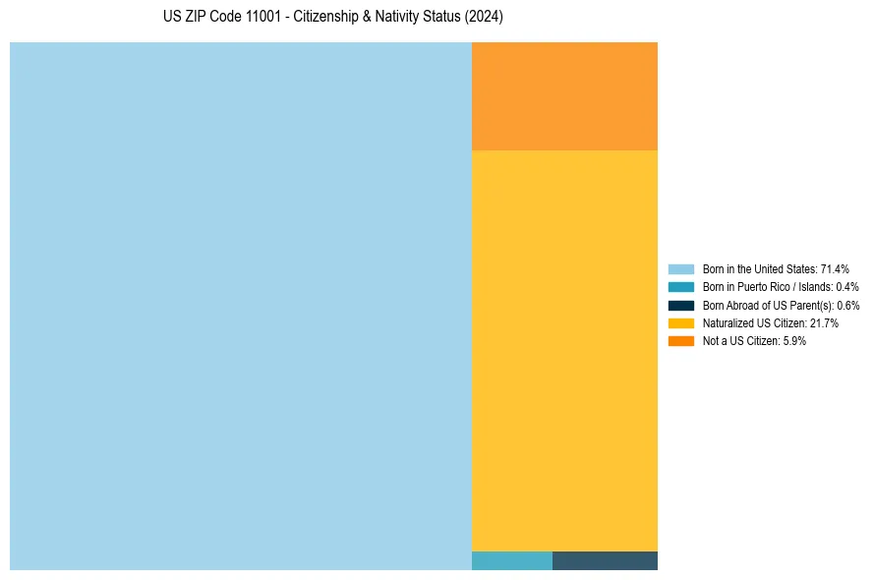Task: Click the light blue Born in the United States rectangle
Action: coord(241,306)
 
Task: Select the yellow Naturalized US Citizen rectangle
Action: coord(564,350)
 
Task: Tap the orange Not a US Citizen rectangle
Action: coord(564,95)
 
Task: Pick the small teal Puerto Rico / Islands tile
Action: coord(511,560)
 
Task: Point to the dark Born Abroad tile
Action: coord(605,560)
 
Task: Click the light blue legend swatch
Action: coord(680,268)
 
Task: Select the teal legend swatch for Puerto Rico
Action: coord(680,287)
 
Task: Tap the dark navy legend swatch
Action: coord(680,305)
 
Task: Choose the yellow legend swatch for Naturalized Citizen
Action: coord(680,322)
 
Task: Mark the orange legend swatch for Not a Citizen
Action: coord(680,340)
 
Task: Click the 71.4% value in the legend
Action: coord(835,268)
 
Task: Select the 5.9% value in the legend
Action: coord(794,340)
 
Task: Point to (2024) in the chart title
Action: coord(486,18)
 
